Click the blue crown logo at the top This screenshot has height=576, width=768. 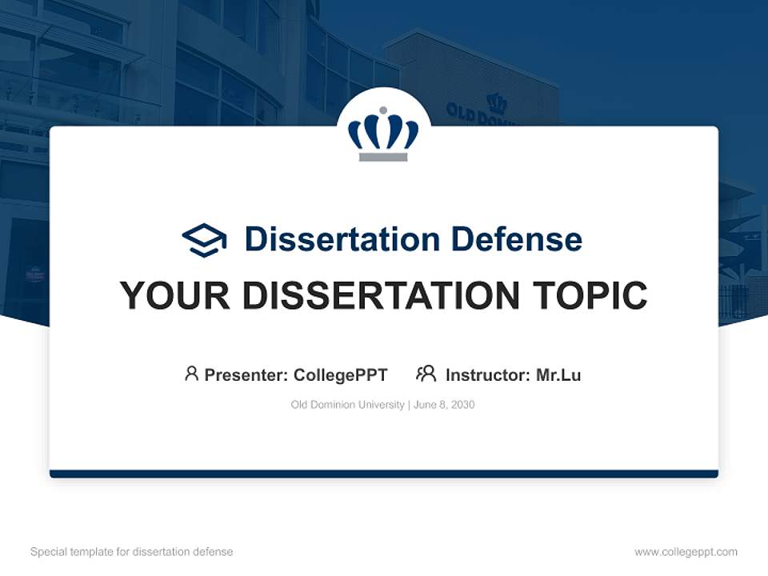(383, 132)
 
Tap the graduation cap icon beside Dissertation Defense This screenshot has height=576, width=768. (204, 239)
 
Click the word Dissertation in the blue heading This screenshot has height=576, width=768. (342, 239)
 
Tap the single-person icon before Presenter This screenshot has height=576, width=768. (191, 374)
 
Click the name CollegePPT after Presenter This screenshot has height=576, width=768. (340, 375)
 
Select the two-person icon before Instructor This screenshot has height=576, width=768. (426, 374)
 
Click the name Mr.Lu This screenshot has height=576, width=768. (558, 375)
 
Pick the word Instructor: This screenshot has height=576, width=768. (488, 375)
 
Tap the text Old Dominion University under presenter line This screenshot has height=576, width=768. (347, 405)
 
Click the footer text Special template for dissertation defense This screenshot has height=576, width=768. (131, 552)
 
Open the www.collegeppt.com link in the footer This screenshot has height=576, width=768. (686, 552)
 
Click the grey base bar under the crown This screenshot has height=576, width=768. (383, 157)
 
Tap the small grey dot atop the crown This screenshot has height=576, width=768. (383, 110)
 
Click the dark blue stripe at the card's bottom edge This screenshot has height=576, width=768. (383, 474)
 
